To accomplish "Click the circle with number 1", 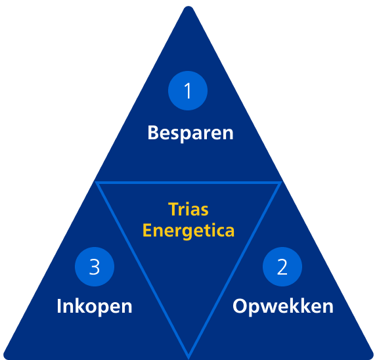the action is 188,91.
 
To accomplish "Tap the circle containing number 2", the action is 282,267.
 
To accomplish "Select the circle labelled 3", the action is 95,267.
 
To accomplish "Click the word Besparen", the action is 190,133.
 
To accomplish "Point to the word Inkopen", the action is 95,306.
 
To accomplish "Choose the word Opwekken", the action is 283,306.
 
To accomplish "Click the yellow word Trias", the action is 188,209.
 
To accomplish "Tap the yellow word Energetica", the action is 188,231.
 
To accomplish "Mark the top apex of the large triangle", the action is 188,7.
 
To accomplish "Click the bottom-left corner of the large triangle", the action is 5,357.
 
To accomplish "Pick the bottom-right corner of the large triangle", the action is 372,357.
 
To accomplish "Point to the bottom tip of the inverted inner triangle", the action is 188,358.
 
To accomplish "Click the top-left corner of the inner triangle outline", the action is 96,182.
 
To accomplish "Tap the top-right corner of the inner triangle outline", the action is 281,182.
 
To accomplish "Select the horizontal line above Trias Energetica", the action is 188,183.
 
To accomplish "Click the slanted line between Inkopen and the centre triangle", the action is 142,270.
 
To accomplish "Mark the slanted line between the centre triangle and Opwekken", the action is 235,270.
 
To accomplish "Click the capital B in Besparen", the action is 153,133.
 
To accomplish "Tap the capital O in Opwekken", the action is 240,306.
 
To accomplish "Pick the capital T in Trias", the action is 173,209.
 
